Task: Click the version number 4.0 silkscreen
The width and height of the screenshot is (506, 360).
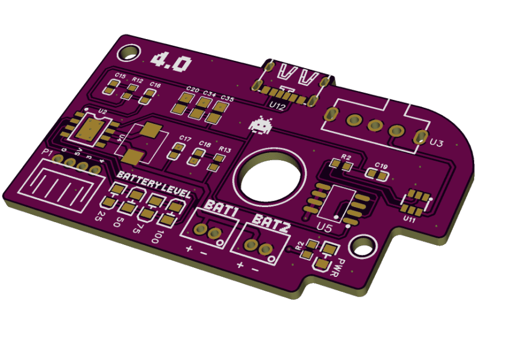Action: (172, 61)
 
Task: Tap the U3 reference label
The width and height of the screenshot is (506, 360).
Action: (437, 143)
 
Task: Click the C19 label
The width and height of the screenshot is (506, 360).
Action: (381, 164)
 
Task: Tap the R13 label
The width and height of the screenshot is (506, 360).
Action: (225, 149)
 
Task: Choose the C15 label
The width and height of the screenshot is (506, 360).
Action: (120, 77)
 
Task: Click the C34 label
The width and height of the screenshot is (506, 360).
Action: (209, 94)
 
